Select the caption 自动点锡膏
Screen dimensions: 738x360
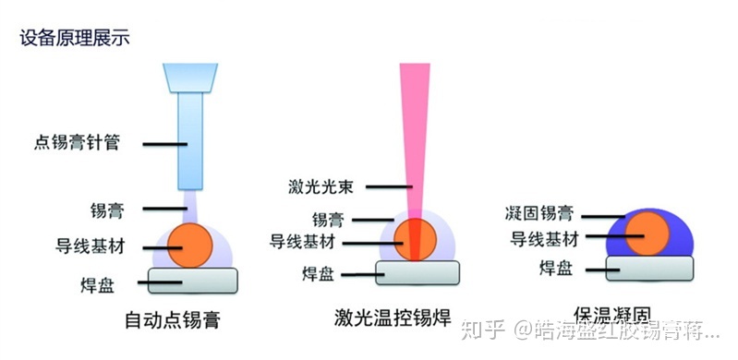pyautogui.click(x=176, y=320)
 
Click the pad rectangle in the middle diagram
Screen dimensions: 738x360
pyautogui.click(x=418, y=271)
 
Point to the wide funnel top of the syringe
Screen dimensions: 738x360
pyautogui.click(x=189, y=78)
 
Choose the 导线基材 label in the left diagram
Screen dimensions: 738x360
pyautogui.click(x=90, y=246)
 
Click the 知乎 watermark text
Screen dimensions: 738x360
pyautogui.click(x=488, y=328)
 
